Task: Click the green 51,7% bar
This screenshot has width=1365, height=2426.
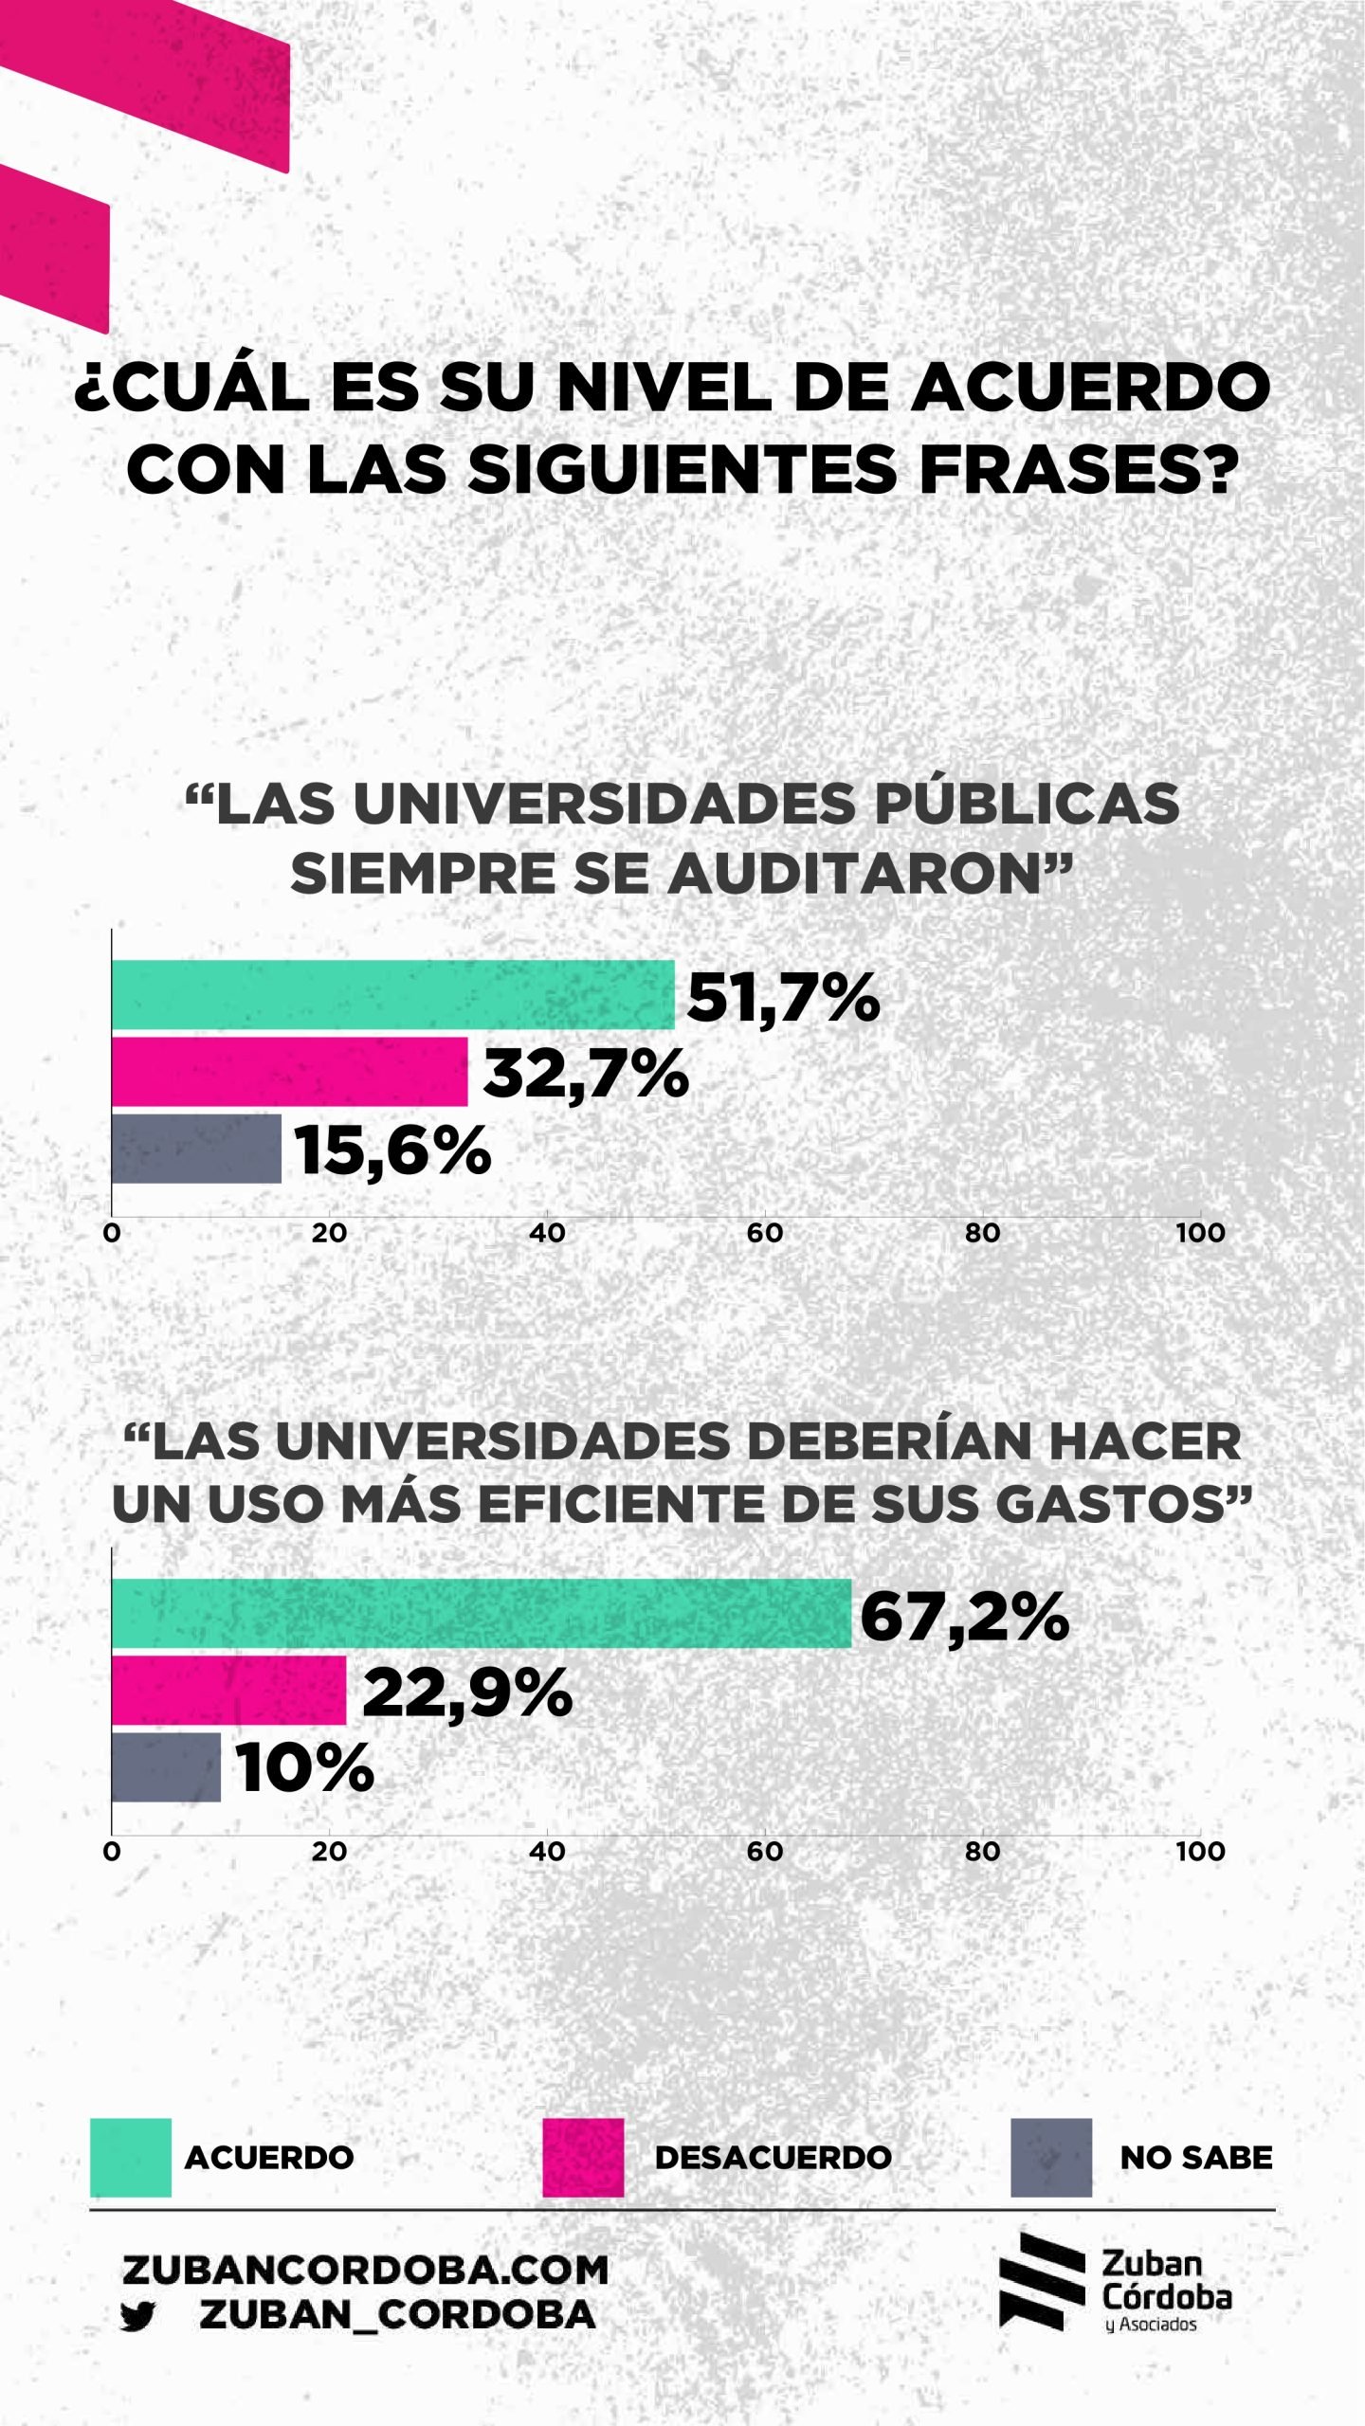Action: pos(392,994)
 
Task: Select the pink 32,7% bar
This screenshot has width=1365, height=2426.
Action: pos(289,1072)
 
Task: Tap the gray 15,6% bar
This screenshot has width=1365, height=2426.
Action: pos(196,1149)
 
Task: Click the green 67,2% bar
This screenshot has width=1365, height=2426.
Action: pos(481,1613)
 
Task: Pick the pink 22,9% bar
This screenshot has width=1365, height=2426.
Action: pos(228,1691)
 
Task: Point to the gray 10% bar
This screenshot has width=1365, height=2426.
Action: pos(166,1767)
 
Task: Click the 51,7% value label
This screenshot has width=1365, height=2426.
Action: pos(783,998)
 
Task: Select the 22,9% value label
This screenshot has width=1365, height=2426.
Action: pos(467,1693)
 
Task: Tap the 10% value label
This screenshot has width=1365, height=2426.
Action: pos(304,1769)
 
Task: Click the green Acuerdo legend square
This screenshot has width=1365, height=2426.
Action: pos(131,2158)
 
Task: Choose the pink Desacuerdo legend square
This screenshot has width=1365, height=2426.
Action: pos(583,2158)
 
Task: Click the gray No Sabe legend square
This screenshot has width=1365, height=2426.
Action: pos(1050,2158)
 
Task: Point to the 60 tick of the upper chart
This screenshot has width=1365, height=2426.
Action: pos(765,1233)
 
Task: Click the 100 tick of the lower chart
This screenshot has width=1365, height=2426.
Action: pos(1200,1852)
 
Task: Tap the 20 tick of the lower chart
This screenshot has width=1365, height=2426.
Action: pos(329,1852)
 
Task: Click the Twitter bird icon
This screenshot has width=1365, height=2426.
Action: pos(138,2317)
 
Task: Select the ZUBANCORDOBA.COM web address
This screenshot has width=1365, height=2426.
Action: pos(366,2271)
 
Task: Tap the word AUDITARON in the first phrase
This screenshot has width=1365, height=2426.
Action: pos(870,873)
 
